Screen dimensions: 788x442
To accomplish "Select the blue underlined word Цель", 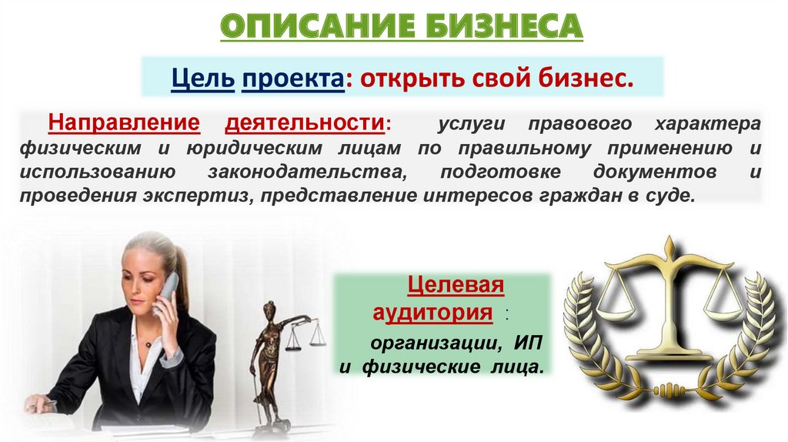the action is click(x=202, y=78).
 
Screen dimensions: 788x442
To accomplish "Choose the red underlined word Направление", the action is click(x=124, y=122).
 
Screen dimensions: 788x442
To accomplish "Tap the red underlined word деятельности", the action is click(x=305, y=123).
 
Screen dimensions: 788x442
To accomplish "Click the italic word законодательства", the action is click(x=306, y=172).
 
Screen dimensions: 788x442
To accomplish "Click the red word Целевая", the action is click(x=456, y=285).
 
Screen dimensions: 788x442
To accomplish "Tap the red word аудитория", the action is click(x=432, y=313).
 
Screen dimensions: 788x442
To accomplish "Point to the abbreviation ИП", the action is click(x=528, y=344).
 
